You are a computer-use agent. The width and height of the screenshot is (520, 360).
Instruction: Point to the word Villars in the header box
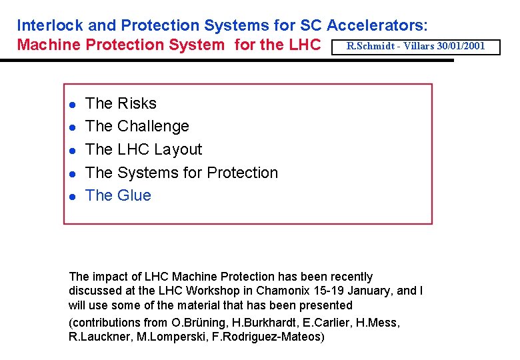point(419,46)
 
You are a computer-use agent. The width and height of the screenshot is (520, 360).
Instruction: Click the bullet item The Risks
point(121,103)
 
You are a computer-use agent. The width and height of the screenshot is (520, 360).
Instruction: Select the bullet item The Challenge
point(137,126)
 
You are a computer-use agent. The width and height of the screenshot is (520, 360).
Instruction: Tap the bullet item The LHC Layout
point(143,149)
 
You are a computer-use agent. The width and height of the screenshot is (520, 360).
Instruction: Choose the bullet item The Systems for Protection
point(181,173)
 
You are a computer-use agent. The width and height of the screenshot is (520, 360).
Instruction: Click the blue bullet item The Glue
point(118,195)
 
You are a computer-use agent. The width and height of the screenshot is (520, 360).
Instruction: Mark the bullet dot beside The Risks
point(71,104)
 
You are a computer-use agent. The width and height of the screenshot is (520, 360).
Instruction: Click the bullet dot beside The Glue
point(71,196)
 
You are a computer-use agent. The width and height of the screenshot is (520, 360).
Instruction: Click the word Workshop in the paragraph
point(205,291)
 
